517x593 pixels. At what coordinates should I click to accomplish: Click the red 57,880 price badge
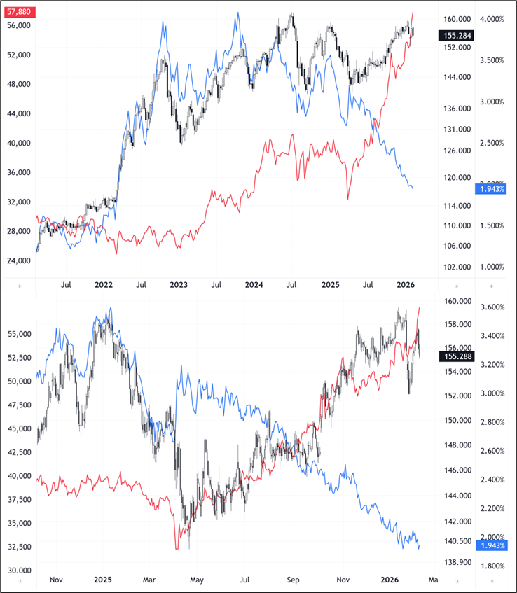pos(18,13)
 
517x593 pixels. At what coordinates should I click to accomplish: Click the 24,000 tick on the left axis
pos(18,260)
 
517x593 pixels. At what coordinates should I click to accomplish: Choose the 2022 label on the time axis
pos(104,285)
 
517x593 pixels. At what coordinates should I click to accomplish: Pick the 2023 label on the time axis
pos(179,285)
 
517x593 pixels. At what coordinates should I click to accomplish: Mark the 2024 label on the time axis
pos(254,285)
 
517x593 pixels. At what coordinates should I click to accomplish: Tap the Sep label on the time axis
pos(294,580)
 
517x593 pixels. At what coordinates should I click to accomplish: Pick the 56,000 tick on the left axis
pos(18,25)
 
